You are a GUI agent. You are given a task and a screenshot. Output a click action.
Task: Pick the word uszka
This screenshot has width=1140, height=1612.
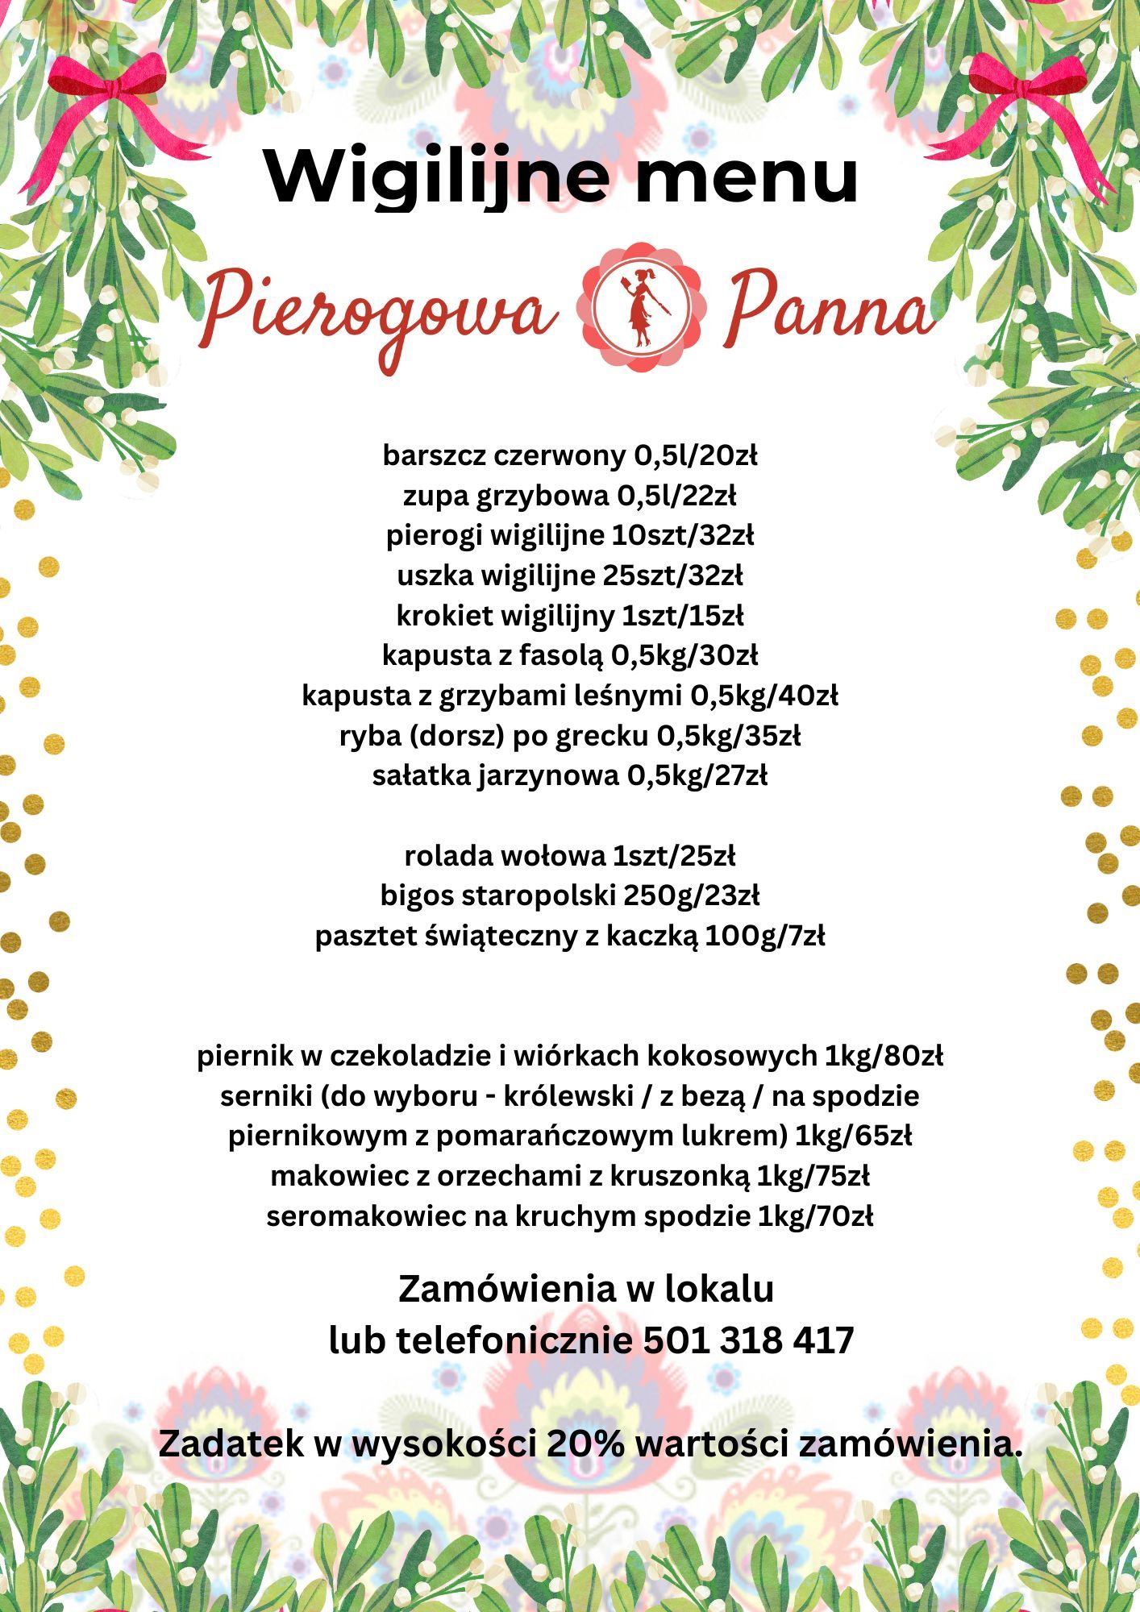[435, 576]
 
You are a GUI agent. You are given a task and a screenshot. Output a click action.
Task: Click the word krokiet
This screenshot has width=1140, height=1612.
[444, 616]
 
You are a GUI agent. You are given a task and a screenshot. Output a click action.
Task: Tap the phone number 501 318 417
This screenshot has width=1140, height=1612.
[749, 1340]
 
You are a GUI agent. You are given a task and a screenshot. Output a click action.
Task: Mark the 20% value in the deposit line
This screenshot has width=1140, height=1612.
[585, 1443]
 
